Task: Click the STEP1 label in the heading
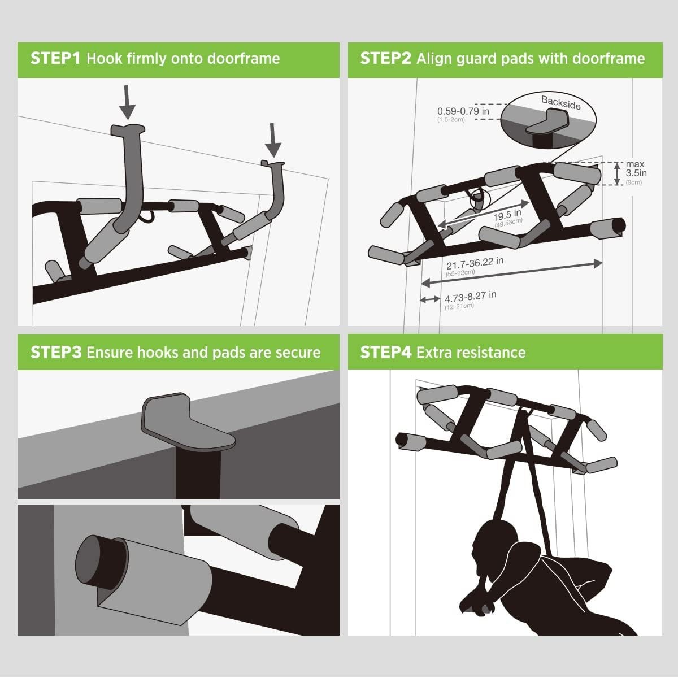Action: click(x=56, y=58)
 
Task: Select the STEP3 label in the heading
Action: click(x=56, y=352)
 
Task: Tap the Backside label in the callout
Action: click(x=560, y=102)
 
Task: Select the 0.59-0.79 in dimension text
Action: click(x=463, y=111)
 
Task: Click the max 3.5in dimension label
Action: click(x=636, y=169)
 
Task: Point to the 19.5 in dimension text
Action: click(x=507, y=216)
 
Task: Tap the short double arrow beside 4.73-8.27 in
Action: click(x=430, y=299)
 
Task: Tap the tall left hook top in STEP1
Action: click(x=128, y=129)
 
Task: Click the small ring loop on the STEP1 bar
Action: click(x=149, y=216)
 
